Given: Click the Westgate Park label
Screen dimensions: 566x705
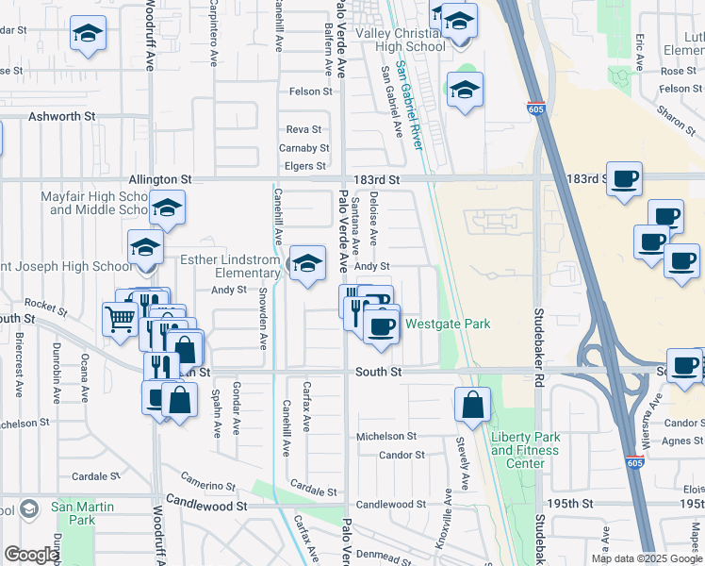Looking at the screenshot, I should coord(448,325).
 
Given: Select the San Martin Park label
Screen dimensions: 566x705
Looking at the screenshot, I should coord(83,513).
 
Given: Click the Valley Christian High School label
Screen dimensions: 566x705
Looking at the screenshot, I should coord(400,41).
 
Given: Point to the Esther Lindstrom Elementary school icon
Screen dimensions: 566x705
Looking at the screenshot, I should coord(307,265).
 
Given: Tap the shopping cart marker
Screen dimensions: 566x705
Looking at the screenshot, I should coord(121,318).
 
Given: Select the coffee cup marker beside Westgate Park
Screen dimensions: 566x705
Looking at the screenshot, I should coord(382,326).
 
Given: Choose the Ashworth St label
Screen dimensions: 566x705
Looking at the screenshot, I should coord(62,115).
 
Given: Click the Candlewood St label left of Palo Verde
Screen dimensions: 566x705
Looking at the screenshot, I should coord(206,506).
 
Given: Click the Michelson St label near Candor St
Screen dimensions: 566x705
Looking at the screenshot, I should coord(385,436).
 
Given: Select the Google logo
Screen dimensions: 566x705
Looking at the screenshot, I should coord(32,555).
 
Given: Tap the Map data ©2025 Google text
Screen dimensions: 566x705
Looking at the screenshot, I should coord(645,558).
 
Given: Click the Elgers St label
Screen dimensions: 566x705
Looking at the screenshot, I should coord(305,166).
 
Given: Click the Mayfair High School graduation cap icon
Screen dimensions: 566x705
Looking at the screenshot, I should coord(167,208).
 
